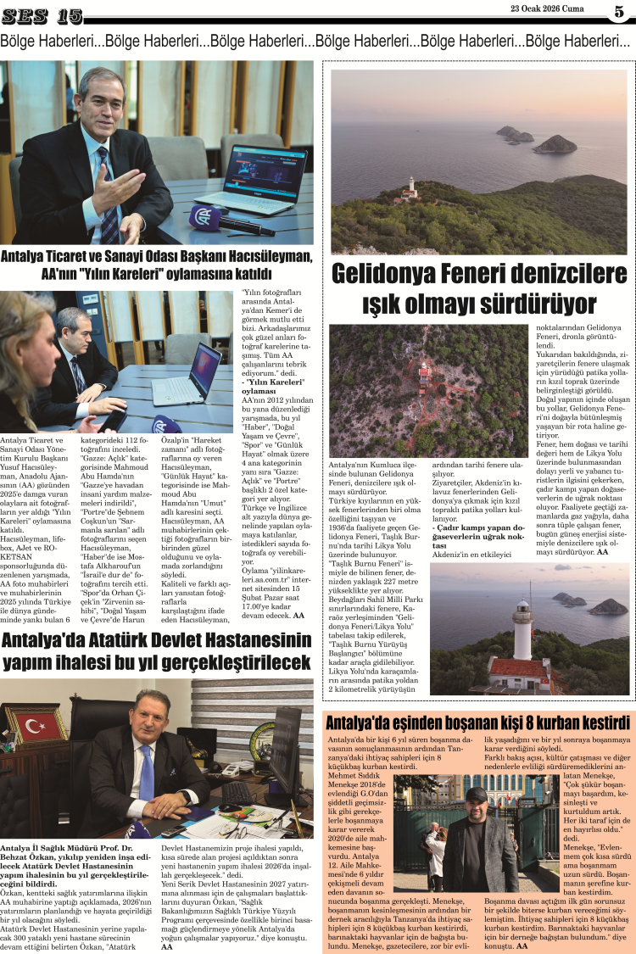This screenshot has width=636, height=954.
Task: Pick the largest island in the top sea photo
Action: pos(555,144)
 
